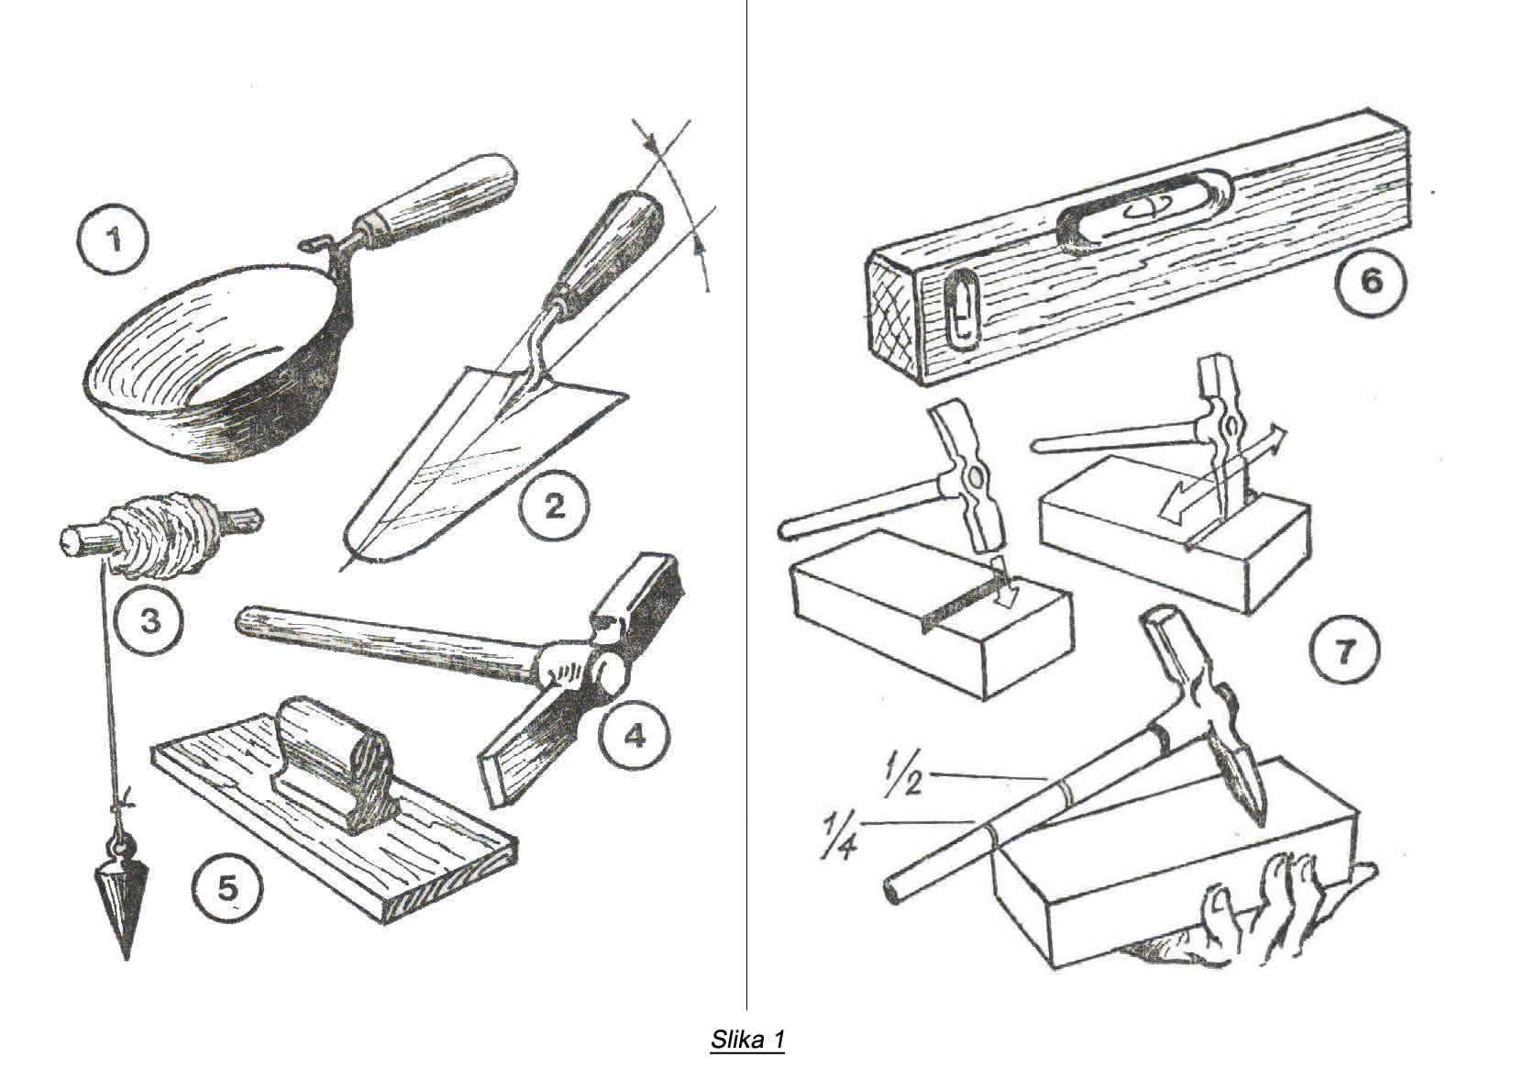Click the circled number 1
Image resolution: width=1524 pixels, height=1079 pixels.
pyautogui.click(x=116, y=241)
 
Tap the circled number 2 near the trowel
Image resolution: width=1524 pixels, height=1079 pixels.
pyautogui.click(x=554, y=505)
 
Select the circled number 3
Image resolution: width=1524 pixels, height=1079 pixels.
pyautogui.click(x=149, y=621)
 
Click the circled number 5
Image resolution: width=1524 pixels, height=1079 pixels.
pyautogui.click(x=227, y=887)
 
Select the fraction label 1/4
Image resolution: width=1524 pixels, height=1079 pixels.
pyautogui.click(x=840, y=833)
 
